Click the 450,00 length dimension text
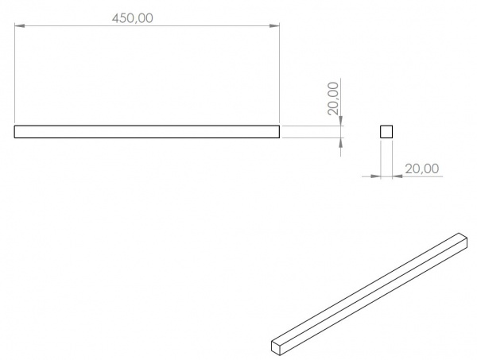coord(133,18)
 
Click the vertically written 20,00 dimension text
coord(333,99)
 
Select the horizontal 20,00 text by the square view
coord(422,168)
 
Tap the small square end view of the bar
coord(386,132)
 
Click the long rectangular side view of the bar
coord(146,132)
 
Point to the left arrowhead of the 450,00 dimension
coord(19,26)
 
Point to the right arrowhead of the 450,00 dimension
coord(274,26)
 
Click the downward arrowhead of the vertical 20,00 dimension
coord(340,121)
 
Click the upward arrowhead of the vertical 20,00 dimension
coord(340,143)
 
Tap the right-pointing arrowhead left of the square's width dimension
coord(375,176)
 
